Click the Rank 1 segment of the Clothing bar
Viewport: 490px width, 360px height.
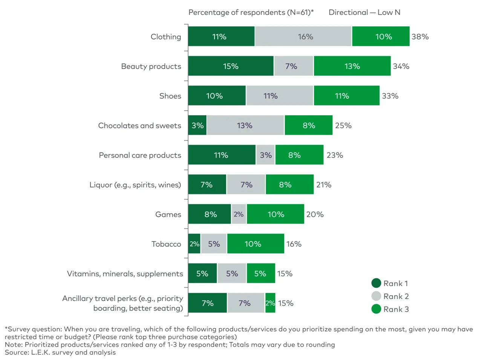tap(221, 37)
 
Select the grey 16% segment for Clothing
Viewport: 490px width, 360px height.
tap(303, 37)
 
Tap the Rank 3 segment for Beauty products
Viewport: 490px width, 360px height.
tap(352, 66)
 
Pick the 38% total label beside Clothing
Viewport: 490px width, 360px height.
tap(420, 37)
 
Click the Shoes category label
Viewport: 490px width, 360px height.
tap(170, 96)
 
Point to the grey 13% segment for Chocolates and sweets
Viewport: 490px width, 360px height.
tap(245, 125)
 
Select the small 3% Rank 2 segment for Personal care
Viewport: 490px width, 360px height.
tap(266, 155)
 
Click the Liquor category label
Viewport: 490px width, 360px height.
tap(135, 185)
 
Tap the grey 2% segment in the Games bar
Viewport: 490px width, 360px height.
tap(239, 214)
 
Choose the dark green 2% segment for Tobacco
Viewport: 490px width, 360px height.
tap(194, 244)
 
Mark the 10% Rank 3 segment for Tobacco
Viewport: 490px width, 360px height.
tap(256, 244)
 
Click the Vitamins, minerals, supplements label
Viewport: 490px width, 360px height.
tap(125, 274)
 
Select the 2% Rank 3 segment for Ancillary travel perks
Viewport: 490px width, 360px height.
tap(270, 303)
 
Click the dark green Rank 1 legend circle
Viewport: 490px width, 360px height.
tap(376, 283)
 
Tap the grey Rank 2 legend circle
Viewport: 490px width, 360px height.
tap(376, 296)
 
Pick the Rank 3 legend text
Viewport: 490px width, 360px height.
tap(396, 309)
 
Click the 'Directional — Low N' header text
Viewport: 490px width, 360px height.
tap(364, 12)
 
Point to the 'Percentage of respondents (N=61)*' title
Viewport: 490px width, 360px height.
tap(251, 12)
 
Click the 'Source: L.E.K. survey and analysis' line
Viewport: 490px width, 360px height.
tap(60, 352)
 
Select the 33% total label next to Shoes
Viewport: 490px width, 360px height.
tap(390, 96)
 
